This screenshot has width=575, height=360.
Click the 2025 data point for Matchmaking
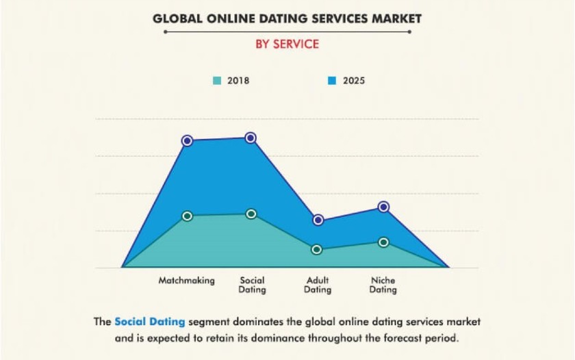point(187,141)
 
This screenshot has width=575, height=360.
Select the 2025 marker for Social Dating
point(251,138)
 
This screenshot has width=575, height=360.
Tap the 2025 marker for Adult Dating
point(318,220)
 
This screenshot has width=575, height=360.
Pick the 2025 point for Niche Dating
point(383,207)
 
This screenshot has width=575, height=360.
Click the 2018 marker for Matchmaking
point(187,216)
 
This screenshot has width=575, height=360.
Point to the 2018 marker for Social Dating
point(251,214)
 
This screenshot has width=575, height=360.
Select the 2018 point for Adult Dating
point(317,249)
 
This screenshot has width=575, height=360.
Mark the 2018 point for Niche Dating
point(383,242)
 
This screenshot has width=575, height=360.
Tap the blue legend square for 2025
point(332,81)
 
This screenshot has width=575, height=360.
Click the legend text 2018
point(238,81)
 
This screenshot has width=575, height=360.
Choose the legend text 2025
point(354,81)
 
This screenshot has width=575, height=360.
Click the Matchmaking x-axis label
point(187,281)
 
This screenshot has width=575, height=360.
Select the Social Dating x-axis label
point(252,285)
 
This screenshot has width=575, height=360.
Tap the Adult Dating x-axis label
point(318,285)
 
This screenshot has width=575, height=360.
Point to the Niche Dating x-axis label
point(383,285)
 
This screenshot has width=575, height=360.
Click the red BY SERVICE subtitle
point(287,44)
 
